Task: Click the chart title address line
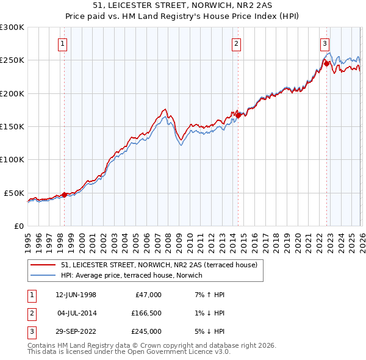(x=183, y=5)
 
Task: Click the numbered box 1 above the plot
(x=63, y=43)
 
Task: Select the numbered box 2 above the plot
(x=236, y=43)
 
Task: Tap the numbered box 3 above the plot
(x=325, y=43)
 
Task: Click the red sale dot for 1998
(x=65, y=195)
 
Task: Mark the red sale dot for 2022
(x=326, y=63)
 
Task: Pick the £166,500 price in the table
(x=146, y=313)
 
